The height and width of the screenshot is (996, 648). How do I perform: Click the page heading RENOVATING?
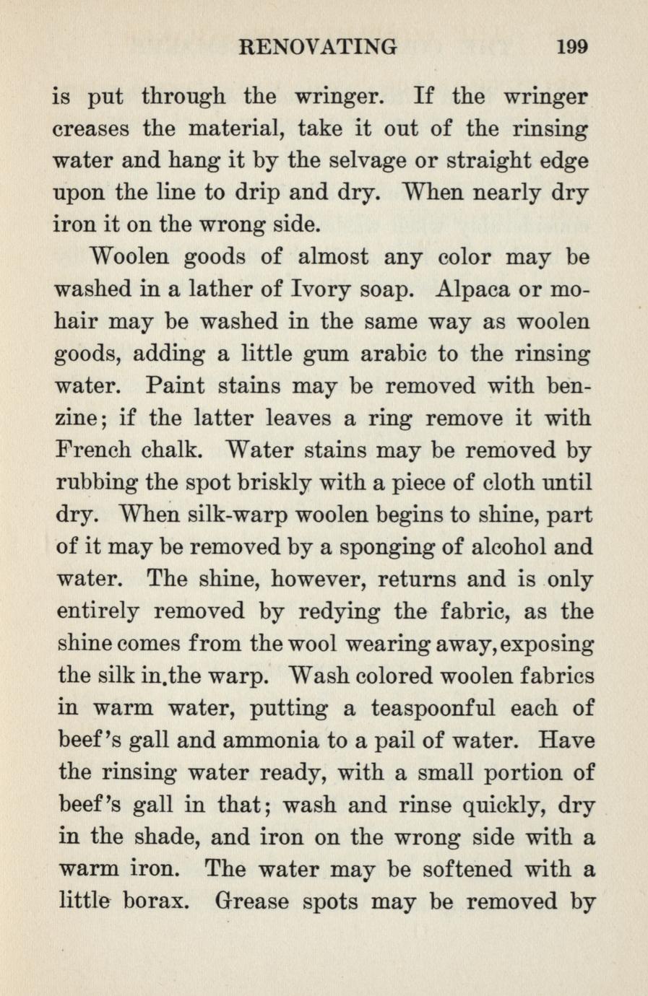(x=317, y=48)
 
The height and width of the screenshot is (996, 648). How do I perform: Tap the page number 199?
(x=573, y=48)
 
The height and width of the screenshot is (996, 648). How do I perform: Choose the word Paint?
(x=173, y=387)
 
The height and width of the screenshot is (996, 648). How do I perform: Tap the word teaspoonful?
(x=432, y=709)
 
